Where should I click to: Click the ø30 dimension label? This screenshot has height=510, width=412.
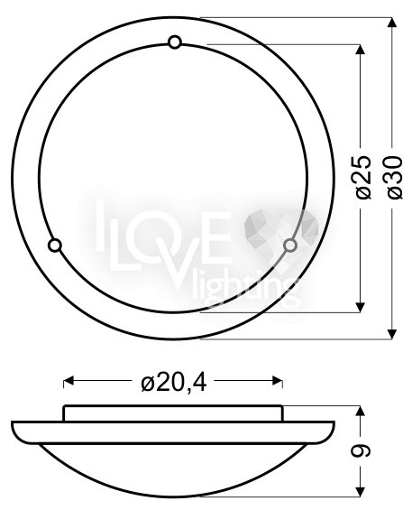point(395,177)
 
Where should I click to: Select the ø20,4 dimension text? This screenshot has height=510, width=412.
point(174,383)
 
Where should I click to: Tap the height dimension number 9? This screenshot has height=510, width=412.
point(361,451)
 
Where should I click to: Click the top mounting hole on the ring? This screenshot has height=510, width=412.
point(175,42)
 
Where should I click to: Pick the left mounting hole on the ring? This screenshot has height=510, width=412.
point(55,246)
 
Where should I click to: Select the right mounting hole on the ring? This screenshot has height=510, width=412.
point(289,246)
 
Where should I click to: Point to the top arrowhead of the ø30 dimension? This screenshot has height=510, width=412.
point(392,23)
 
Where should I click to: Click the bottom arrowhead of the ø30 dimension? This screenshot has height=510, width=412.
point(392,334)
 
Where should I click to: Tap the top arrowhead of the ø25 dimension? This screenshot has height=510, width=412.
point(360,49)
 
